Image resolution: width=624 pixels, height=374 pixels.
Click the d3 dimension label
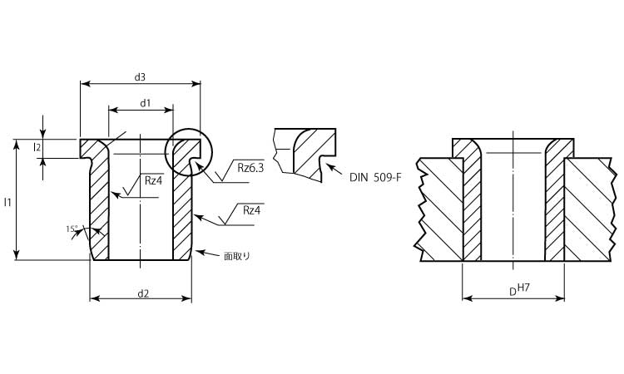140,77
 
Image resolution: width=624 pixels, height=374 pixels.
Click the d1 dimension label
145,103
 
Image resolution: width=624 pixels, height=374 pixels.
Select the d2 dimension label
143,293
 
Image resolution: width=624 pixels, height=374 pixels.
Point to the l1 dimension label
7,202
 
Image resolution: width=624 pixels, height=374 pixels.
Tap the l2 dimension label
37,147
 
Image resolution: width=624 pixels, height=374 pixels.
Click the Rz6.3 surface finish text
250,168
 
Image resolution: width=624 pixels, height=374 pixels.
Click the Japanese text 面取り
237,256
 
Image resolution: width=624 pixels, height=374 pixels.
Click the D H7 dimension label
522,291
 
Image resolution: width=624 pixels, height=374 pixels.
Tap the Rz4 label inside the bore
153,180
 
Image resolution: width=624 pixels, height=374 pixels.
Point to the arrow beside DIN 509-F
333,170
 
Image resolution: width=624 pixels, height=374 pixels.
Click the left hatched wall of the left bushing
99,208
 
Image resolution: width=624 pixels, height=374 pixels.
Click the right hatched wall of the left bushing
183,208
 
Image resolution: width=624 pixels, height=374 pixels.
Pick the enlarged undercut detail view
305,153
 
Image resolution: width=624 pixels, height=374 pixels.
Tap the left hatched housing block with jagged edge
441,208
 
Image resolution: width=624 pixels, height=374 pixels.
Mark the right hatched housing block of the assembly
592,208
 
